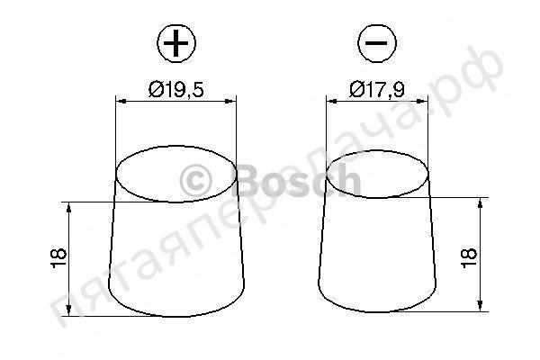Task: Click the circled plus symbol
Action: (176, 43)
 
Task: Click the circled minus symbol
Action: (377, 43)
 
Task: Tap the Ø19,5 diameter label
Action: (176, 90)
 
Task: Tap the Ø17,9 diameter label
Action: (377, 90)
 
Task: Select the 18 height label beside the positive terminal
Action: (58, 257)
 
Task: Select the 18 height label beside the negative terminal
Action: (468, 257)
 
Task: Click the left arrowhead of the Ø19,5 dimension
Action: (121, 102)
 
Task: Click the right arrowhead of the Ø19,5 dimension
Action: (231, 102)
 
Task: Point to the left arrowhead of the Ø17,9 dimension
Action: (331, 102)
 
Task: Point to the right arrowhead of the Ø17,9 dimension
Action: (423, 102)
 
